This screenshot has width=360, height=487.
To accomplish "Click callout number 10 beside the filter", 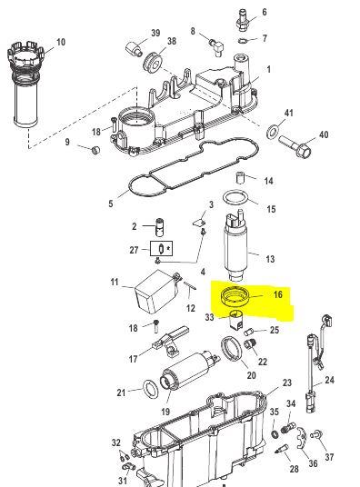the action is click(x=61, y=42).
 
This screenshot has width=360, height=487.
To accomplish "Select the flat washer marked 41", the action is click(x=273, y=131).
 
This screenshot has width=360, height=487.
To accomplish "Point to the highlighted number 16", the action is click(x=277, y=294).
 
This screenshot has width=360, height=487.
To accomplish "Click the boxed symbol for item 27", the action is click(x=161, y=248).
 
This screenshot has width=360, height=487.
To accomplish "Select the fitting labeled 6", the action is click(x=243, y=20).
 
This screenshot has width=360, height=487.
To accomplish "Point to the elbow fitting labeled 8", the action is click(x=216, y=46).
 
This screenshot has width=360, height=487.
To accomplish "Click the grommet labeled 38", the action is click(x=153, y=62).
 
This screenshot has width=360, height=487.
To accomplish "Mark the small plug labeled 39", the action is click(x=134, y=48).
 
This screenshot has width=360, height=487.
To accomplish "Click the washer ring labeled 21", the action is click(x=151, y=388).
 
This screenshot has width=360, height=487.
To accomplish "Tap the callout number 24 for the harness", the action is click(x=329, y=380).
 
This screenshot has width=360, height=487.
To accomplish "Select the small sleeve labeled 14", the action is click(x=240, y=178).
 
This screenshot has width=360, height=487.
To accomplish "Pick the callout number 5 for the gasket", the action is click(x=111, y=204).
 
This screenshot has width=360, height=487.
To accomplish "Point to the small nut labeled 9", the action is click(x=96, y=150).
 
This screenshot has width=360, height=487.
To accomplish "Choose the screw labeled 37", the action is click(x=318, y=433).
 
